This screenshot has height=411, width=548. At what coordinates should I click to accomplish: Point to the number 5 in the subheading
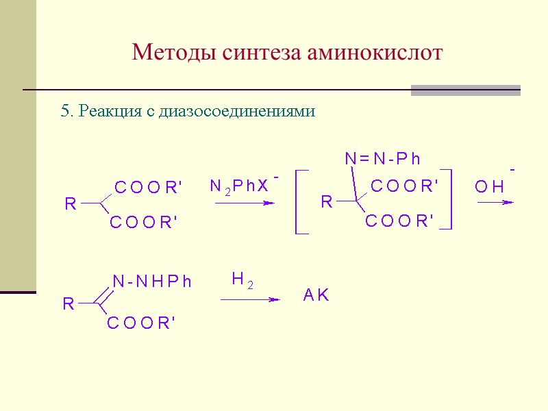[x=65, y=112]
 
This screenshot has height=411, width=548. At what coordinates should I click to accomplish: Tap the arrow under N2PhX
[x=245, y=203]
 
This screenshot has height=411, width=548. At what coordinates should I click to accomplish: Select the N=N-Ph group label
[x=382, y=160]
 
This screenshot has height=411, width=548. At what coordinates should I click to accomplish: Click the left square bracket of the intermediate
[x=299, y=202]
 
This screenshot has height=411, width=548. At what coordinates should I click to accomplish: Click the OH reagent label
[x=490, y=186]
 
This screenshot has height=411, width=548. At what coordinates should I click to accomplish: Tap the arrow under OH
[x=495, y=202]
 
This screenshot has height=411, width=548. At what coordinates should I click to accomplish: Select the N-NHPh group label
[x=151, y=281]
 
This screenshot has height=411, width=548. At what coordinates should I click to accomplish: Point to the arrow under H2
[x=250, y=299]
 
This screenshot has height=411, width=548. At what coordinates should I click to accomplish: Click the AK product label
[x=316, y=296]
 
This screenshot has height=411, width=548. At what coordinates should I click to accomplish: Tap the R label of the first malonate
[x=71, y=204]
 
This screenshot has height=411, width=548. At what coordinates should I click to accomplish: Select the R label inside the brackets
[x=327, y=202]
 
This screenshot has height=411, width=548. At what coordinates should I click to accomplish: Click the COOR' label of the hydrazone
[x=142, y=324]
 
